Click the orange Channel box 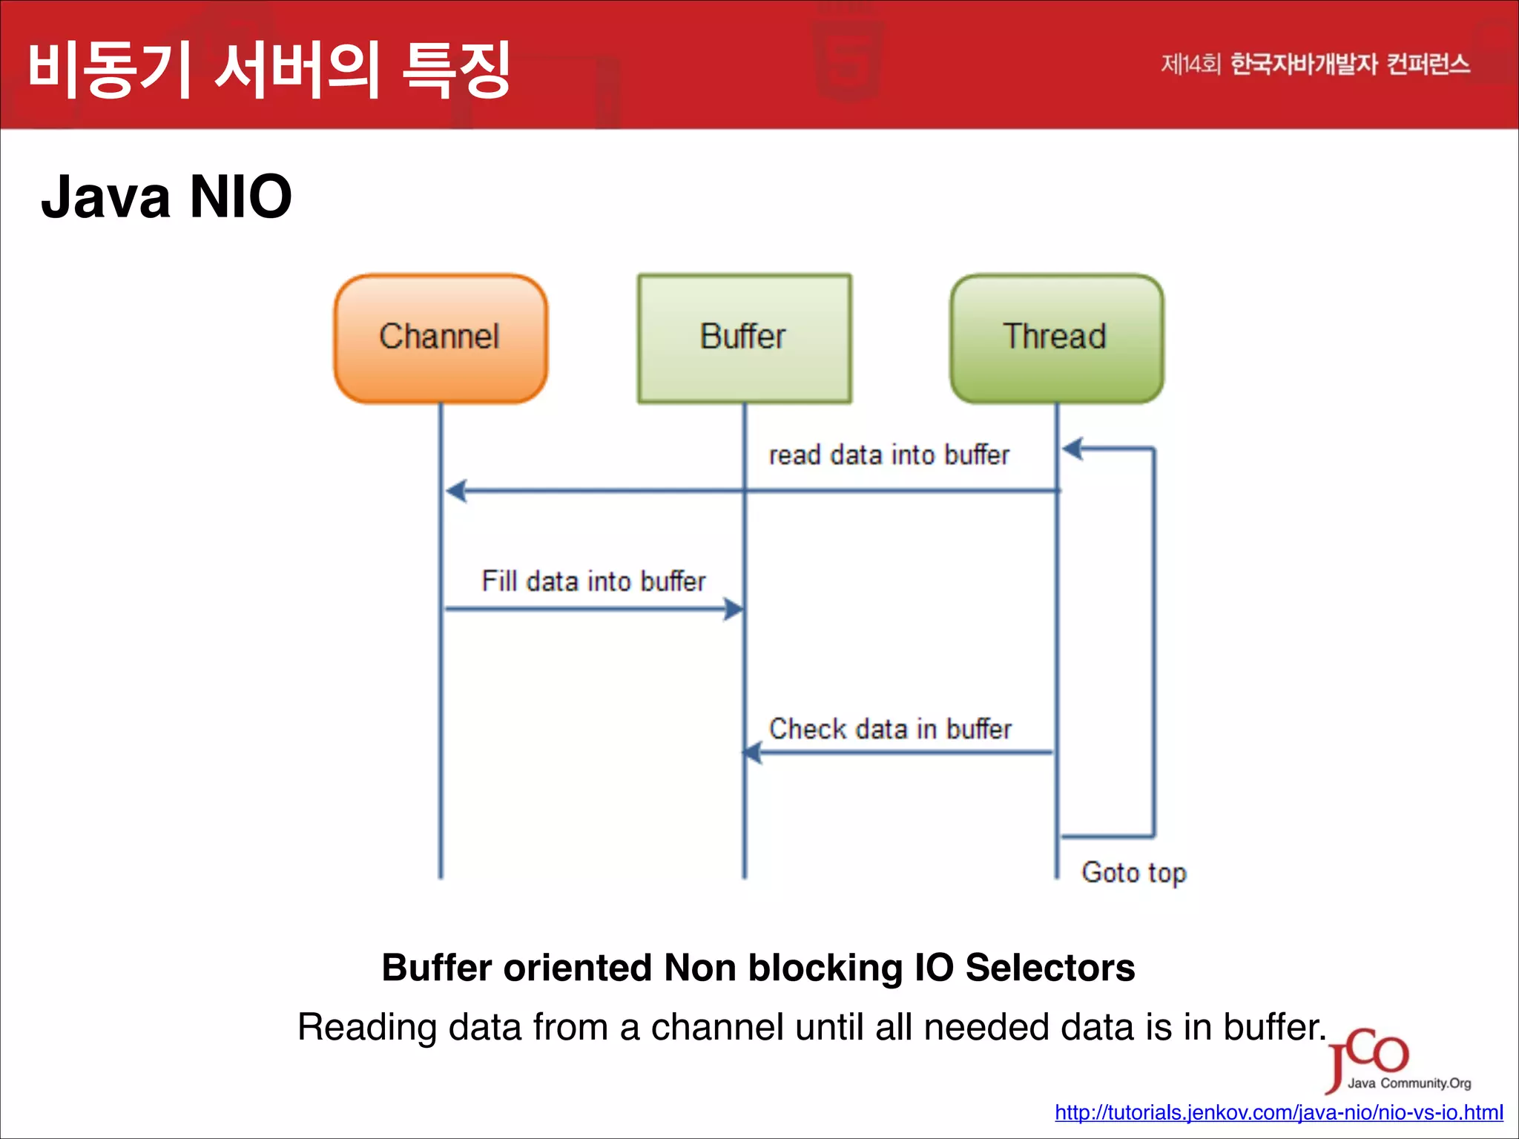coord(440,338)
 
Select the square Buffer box coord(744,338)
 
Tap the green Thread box coord(1056,338)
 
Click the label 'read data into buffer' coord(889,455)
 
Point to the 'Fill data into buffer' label coord(593,581)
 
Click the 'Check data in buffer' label coord(890,729)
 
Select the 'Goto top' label coord(1133,873)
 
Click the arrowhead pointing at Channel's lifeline coord(455,491)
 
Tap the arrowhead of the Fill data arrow coord(733,610)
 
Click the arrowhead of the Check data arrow coord(753,753)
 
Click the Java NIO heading coord(166,197)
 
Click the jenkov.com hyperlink coord(1279,1112)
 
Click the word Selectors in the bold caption coord(1050,968)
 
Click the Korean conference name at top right coord(1315,65)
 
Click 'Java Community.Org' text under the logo coord(1408,1083)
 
